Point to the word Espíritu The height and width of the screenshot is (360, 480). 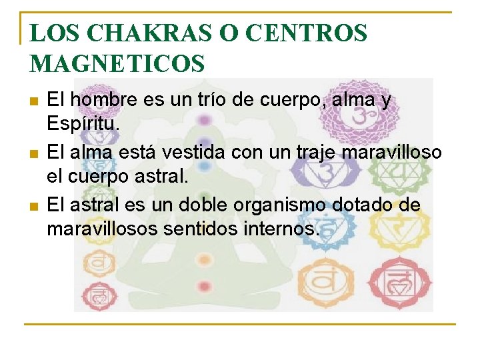point(81,124)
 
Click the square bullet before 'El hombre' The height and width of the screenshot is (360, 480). point(34,101)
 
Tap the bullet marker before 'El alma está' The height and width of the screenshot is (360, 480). point(34,154)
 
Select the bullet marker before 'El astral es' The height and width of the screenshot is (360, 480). point(34,207)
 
